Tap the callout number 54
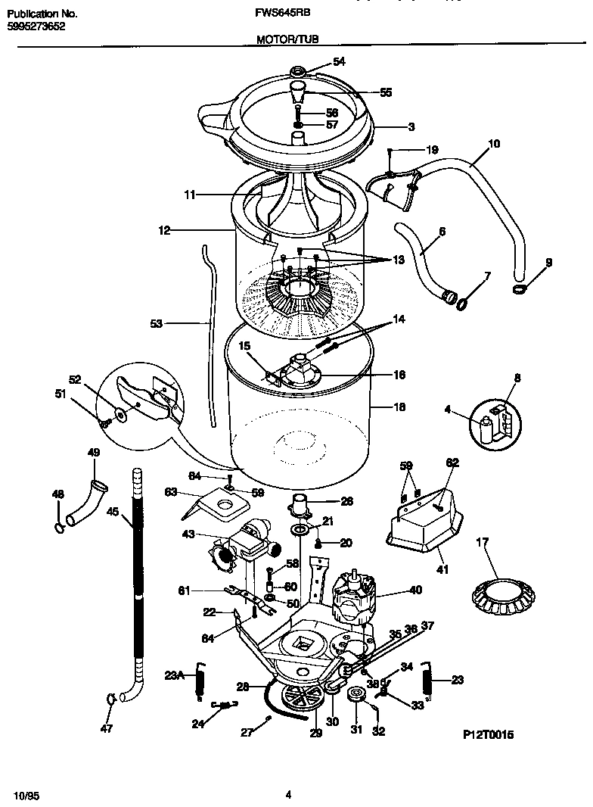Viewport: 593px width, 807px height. coord(339,62)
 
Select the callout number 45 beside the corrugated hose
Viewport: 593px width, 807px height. coord(113,512)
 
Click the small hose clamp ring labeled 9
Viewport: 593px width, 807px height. coord(521,290)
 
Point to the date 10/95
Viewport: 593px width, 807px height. coord(25,794)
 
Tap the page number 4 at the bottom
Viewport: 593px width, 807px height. coord(289,794)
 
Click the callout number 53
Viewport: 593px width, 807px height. coord(157,323)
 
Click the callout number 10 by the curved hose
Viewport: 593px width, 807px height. coord(494,142)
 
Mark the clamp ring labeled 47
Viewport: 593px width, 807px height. coord(110,699)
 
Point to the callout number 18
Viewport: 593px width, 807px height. coord(400,407)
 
